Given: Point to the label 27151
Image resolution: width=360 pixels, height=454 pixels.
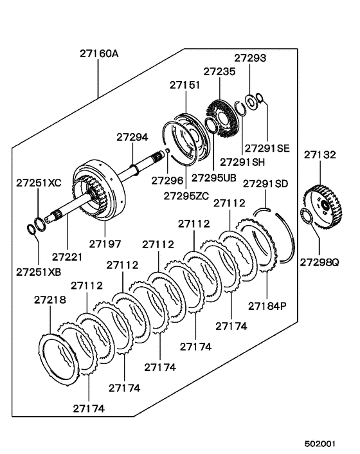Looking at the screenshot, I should (185, 84).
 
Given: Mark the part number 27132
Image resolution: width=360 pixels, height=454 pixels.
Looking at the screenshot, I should (320, 155).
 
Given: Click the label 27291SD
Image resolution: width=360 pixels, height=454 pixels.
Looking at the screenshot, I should (265, 184).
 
